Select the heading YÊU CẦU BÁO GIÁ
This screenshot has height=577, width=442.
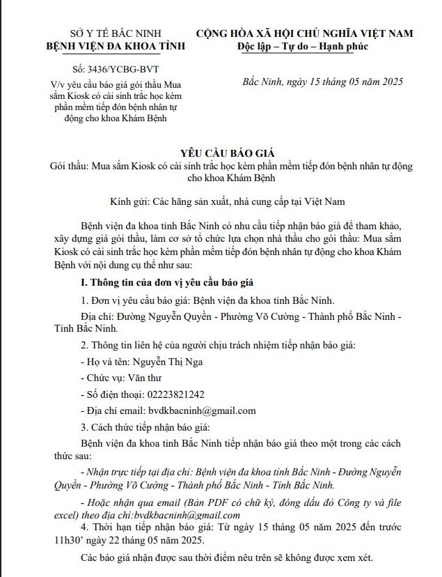click(221, 154)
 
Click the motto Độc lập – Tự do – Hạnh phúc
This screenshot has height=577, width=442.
click(303, 46)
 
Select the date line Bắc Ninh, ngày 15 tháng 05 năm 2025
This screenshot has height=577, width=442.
click(322, 82)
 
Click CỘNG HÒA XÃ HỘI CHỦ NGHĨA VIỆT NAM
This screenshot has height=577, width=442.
click(304, 33)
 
